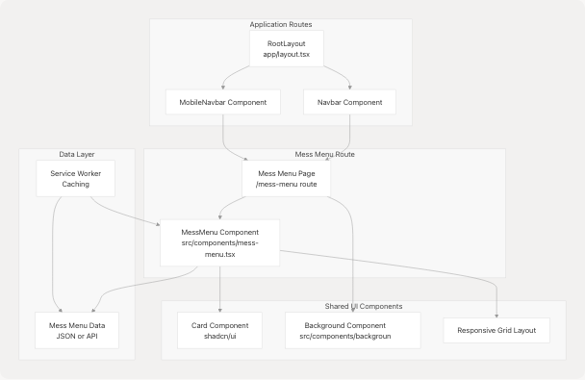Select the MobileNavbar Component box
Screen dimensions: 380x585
(222, 102)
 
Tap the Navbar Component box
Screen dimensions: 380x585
(349, 102)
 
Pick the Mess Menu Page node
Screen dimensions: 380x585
(286, 178)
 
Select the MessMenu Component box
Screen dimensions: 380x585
(219, 243)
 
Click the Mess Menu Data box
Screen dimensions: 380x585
(76, 329)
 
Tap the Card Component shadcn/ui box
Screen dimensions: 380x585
(220, 330)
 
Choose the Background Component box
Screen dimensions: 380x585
(353, 330)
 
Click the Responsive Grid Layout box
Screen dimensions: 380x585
(496, 330)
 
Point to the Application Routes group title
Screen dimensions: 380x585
(280, 24)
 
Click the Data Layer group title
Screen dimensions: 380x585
(76, 154)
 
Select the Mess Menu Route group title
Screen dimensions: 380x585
(323, 154)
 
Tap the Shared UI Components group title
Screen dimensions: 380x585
(363, 306)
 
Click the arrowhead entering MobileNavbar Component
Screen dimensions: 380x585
(222, 88)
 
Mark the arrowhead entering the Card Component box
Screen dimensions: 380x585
(220, 309)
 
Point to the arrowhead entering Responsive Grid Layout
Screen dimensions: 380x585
(496, 315)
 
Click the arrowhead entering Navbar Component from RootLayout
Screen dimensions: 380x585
(349, 88)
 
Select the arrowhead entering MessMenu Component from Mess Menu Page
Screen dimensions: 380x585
(220, 216)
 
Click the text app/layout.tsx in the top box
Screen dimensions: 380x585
(286, 55)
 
